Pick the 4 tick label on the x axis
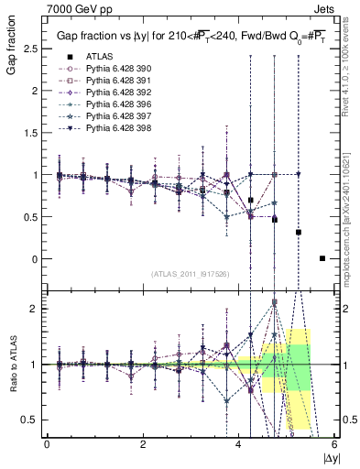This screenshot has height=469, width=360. (239, 444)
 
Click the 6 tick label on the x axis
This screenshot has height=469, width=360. (335, 444)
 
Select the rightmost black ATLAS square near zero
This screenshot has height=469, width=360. (322, 258)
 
